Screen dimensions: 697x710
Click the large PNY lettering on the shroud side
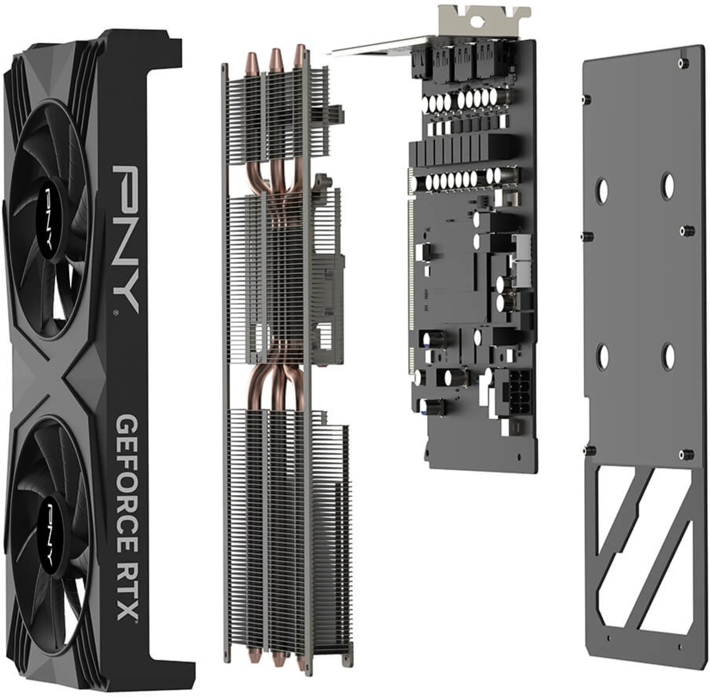pos(126,237)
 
